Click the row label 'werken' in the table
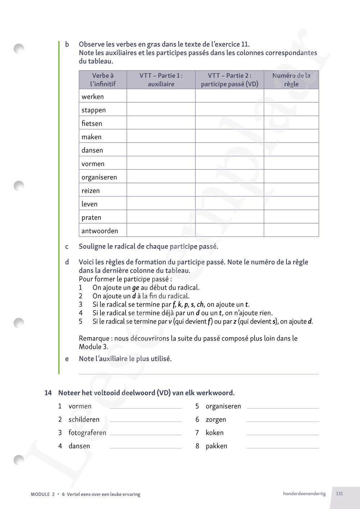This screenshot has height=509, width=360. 93,96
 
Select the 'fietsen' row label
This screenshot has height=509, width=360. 92,123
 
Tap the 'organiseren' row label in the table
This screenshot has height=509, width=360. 99,177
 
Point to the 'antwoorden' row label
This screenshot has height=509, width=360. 100,231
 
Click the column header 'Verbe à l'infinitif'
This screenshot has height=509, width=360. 103,80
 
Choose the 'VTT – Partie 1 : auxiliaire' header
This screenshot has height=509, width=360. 161,80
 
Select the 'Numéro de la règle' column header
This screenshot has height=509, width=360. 291,80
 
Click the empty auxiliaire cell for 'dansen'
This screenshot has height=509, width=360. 161,149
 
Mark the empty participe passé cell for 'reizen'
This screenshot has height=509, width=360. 229,190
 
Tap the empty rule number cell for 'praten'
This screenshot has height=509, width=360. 291,217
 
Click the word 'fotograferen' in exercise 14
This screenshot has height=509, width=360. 87,433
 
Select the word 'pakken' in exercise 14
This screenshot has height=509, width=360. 216,446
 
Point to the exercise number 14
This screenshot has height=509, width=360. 48,393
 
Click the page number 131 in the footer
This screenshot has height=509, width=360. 339,494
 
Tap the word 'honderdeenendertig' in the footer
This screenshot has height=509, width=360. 304,494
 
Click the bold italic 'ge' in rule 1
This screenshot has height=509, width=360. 135,288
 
